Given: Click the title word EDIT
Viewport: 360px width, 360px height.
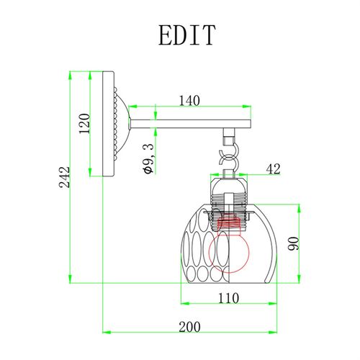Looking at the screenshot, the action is [187, 35].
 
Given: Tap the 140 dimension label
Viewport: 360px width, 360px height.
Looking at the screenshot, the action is [189, 101].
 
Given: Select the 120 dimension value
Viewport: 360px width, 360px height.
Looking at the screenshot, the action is [84, 124].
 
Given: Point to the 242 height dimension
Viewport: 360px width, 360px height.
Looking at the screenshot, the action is [64, 177].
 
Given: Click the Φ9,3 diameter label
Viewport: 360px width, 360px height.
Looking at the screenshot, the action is [148, 158].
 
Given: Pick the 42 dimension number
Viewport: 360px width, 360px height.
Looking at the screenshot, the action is [273, 169].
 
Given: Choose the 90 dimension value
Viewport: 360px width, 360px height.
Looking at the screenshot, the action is [294, 243].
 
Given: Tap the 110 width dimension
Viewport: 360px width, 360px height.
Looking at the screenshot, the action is [228, 298].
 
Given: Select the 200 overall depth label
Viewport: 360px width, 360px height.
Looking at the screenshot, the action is [189, 327].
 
